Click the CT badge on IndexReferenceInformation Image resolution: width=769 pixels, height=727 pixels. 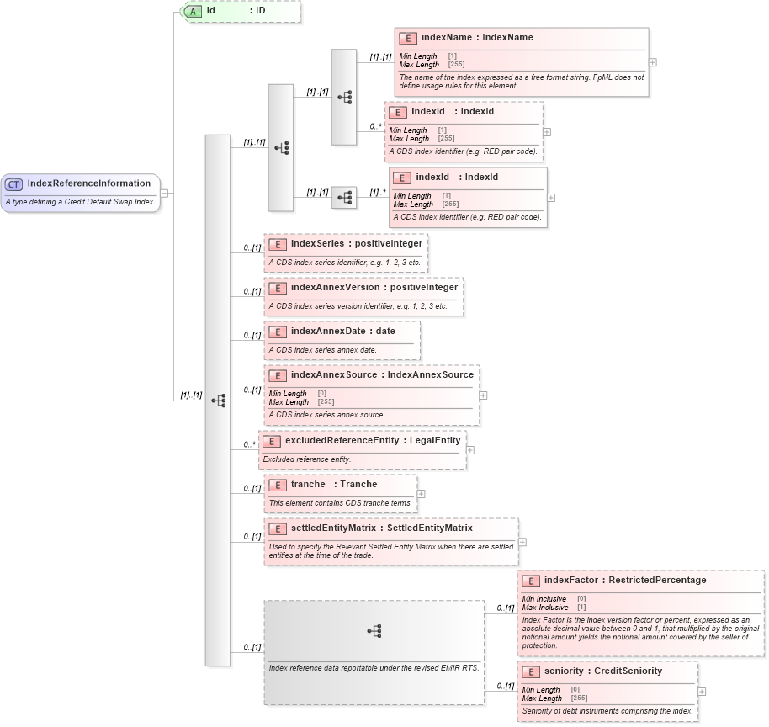14,183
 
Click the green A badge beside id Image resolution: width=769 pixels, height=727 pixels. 193,12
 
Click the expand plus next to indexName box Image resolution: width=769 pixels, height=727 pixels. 653,62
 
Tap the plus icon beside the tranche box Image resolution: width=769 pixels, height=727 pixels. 421,494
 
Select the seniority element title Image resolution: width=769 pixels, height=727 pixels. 602,671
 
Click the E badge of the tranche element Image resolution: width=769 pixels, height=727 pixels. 277,485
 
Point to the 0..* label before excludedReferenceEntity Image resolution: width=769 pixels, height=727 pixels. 249,444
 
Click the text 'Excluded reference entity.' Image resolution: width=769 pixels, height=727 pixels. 307,459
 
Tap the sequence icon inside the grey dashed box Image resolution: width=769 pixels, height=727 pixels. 374,630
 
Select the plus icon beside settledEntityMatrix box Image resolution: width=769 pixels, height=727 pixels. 522,542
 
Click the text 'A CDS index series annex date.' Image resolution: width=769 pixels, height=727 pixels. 322,350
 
